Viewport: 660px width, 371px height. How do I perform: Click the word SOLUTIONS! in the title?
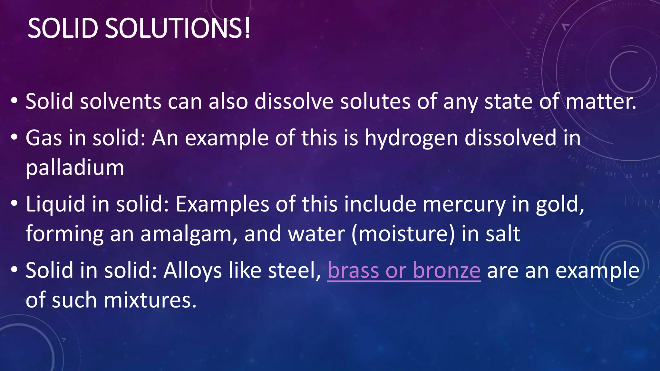[x=178, y=28]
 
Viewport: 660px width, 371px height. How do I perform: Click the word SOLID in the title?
[x=63, y=28]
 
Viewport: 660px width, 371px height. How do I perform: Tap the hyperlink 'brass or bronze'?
[x=404, y=271]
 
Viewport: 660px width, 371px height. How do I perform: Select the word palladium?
[x=75, y=168]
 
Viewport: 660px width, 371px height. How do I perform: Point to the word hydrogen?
[x=411, y=138]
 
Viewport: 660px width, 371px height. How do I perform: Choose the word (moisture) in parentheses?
[x=403, y=234]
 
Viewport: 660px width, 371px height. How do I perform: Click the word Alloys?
[x=192, y=271]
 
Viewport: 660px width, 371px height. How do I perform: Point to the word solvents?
[x=121, y=102]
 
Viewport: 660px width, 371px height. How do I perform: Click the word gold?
[x=560, y=205]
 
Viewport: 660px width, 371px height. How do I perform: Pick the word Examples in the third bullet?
[x=222, y=205]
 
